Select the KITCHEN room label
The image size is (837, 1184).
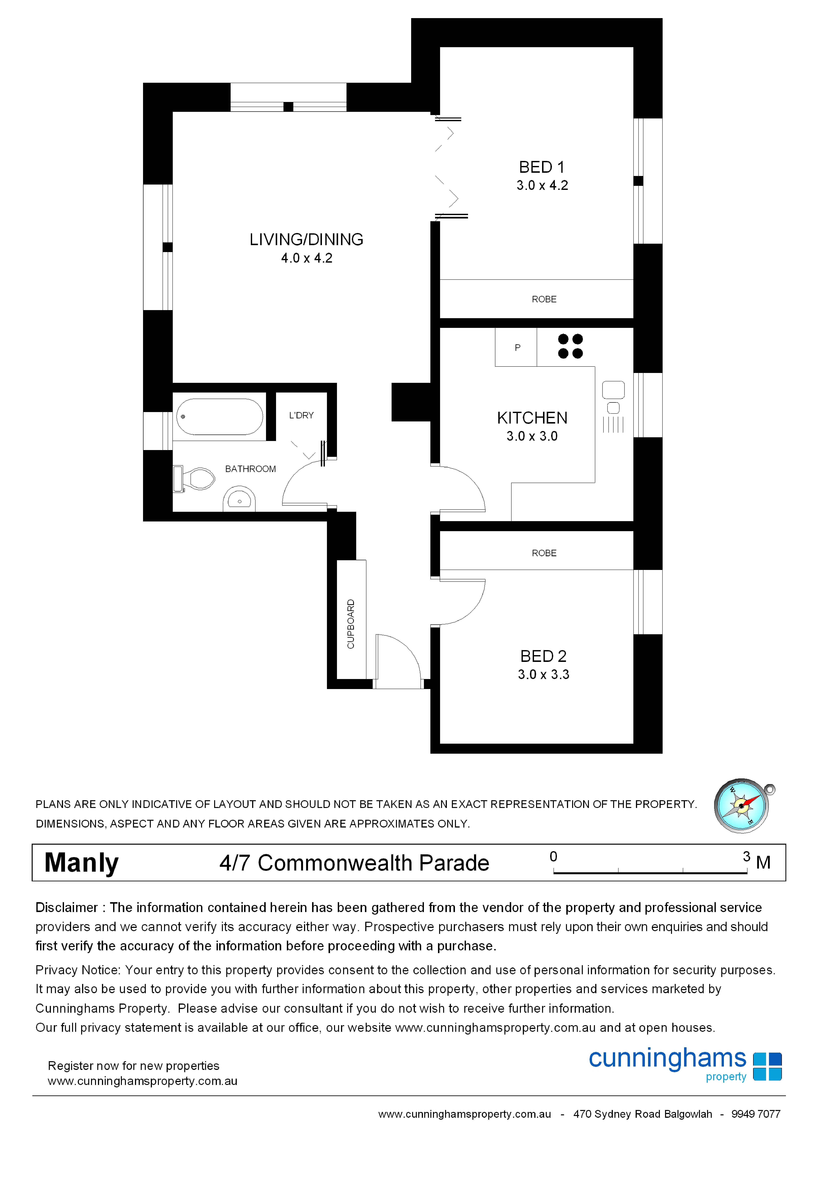[532, 418]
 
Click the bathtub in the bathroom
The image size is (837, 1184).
[220, 417]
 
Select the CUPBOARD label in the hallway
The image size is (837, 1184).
[351, 624]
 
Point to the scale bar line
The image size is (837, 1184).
[650, 873]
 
